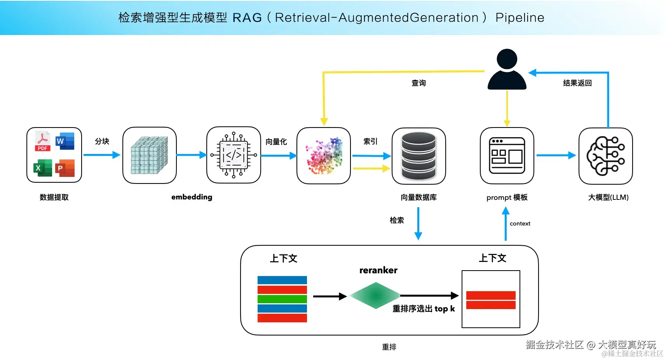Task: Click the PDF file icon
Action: click(x=43, y=142)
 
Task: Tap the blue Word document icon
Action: click(x=65, y=141)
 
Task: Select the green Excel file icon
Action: click(x=42, y=168)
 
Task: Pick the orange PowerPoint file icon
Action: click(x=65, y=168)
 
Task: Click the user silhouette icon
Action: click(x=507, y=70)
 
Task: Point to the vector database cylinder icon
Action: click(x=418, y=156)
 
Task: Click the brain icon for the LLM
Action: click(x=605, y=156)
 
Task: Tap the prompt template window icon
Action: click(x=507, y=156)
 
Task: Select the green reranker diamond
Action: click(x=375, y=296)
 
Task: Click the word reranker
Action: click(x=378, y=270)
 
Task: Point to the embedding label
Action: click(x=192, y=197)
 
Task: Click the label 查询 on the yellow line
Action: click(x=418, y=83)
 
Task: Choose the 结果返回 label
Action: click(x=577, y=83)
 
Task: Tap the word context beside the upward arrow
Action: click(x=520, y=224)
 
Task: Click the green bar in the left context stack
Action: click(x=282, y=299)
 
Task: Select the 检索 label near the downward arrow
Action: click(x=397, y=220)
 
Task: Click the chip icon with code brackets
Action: click(x=234, y=155)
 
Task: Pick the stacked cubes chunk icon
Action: click(x=149, y=155)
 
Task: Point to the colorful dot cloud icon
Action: click(x=324, y=156)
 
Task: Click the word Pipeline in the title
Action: click(x=520, y=17)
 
